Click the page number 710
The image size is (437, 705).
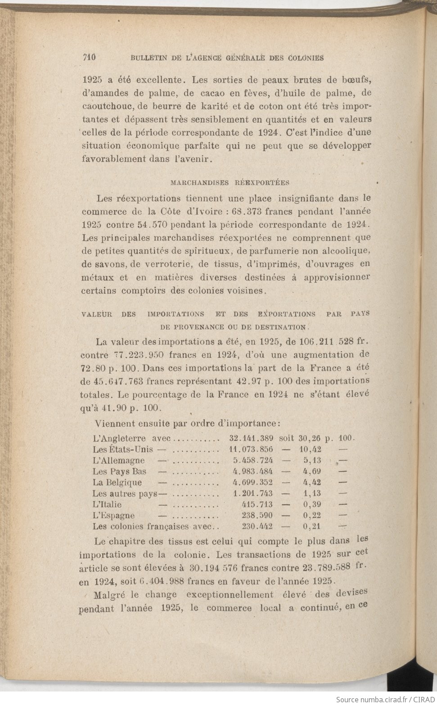click(90, 57)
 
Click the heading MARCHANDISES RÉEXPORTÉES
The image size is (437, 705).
click(230, 183)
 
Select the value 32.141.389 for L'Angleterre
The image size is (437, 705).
click(251, 438)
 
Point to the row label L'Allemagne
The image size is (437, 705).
click(119, 461)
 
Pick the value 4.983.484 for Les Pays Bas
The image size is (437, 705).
click(252, 472)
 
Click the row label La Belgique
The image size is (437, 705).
click(117, 483)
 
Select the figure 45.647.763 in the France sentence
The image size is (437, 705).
click(118, 382)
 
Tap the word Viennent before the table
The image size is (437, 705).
click(114, 424)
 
